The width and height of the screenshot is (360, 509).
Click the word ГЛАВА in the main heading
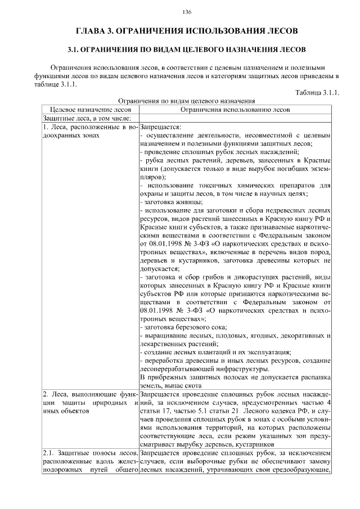click(x=92, y=30)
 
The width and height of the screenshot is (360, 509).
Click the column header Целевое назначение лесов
click(x=91, y=109)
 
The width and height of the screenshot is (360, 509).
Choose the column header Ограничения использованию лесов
click(x=235, y=109)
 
